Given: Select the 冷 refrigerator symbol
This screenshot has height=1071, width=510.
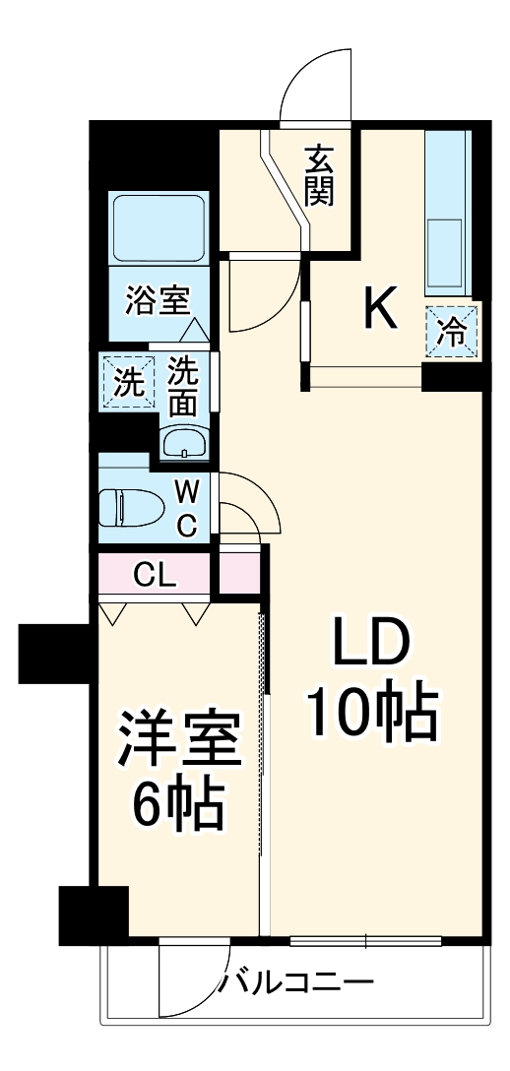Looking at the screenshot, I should coord(452,331).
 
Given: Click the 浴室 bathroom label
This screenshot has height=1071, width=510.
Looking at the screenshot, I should coord(158,299).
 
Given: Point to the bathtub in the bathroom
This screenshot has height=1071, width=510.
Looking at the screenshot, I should coord(158,227).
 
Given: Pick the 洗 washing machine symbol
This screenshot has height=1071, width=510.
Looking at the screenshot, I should coord(126,381).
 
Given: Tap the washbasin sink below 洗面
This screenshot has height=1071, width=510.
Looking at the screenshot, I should coord(184,444).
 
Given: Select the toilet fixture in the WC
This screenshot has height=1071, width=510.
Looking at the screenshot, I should coord(130,508).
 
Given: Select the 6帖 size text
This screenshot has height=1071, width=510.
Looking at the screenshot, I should coord(177,804).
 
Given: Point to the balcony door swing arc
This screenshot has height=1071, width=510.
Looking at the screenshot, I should coord(197,984).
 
